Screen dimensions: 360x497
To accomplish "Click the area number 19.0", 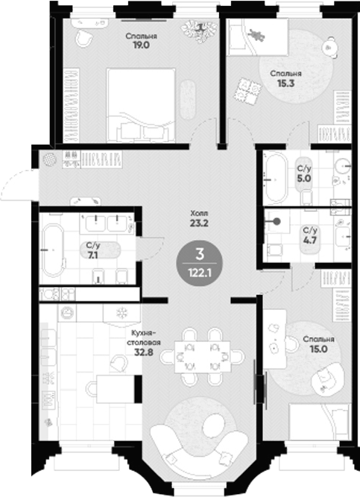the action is [x=141, y=45].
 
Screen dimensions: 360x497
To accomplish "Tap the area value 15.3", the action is [x=285, y=83].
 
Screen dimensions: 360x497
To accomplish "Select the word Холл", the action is [x=199, y=213].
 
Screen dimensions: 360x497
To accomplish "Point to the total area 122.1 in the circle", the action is [x=200, y=272].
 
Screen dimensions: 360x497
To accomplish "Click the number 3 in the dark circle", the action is [x=200, y=254].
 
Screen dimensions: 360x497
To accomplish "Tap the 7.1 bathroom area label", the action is [x=93, y=255].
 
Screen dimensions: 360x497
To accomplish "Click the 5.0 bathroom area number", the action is [x=303, y=178].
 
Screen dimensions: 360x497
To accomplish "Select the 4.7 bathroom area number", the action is [x=310, y=240].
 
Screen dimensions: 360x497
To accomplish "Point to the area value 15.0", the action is [x=319, y=349].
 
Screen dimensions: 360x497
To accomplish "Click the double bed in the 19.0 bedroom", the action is [x=141, y=105].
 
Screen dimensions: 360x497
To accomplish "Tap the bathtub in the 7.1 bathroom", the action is [x=53, y=250].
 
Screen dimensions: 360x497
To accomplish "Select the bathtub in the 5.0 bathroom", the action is [x=275, y=178].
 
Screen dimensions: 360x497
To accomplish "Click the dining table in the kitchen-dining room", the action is [x=203, y=357].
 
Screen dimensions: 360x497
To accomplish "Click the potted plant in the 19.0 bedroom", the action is [x=200, y=31].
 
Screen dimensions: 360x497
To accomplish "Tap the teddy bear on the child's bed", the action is [x=256, y=35].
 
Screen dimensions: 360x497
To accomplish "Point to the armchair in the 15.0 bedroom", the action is [x=327, y=379].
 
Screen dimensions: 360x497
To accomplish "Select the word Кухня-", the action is [x=145, y=334].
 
